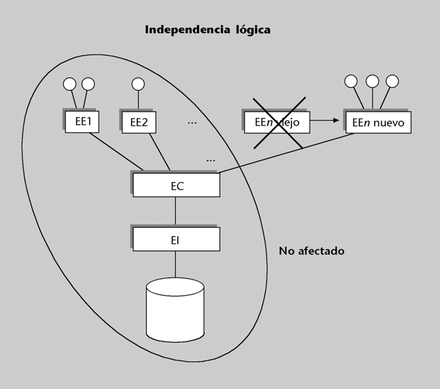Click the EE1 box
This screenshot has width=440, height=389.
click(x=83, y=123)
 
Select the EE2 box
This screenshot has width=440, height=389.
click(x=139, y=123)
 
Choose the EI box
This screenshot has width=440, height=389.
click(x=177, y=240)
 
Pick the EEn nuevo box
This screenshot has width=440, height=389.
click(x=378, y=123)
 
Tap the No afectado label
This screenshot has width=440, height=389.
click(x=311, y=251)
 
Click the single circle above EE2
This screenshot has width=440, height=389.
click(x=138, y=84)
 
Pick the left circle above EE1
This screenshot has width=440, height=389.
click(x=69, y=84)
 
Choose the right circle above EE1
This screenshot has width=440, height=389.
click(x=88, y=84)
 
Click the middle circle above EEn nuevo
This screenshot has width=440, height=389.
click(x=372, y=81)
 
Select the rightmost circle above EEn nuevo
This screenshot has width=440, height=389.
click(x=392, y=81)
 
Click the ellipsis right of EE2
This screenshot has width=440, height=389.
click(x=192, y=123)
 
